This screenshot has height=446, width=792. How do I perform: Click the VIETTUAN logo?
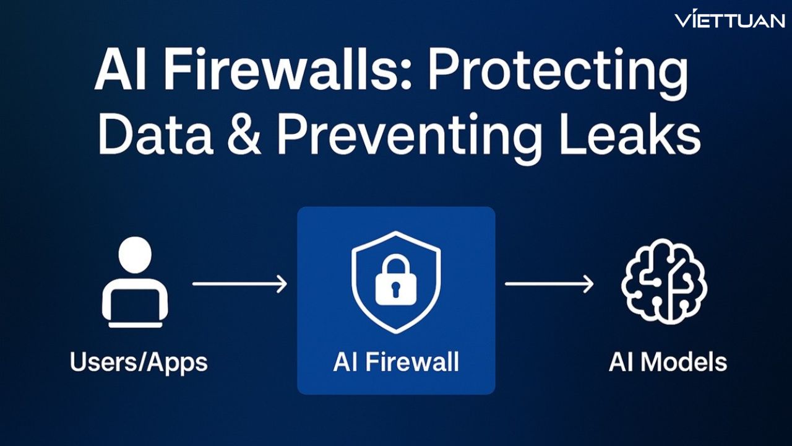[730, 20]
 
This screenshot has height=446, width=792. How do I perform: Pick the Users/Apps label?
[138, 362]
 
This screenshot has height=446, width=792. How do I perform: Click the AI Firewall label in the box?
[396, 362]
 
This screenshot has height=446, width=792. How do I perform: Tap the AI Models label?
[668, 362]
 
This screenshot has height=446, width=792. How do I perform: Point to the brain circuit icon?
[664, 282]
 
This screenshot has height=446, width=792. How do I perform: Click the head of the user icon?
[134, 253]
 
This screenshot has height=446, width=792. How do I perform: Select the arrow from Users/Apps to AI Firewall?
[239, 284]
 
